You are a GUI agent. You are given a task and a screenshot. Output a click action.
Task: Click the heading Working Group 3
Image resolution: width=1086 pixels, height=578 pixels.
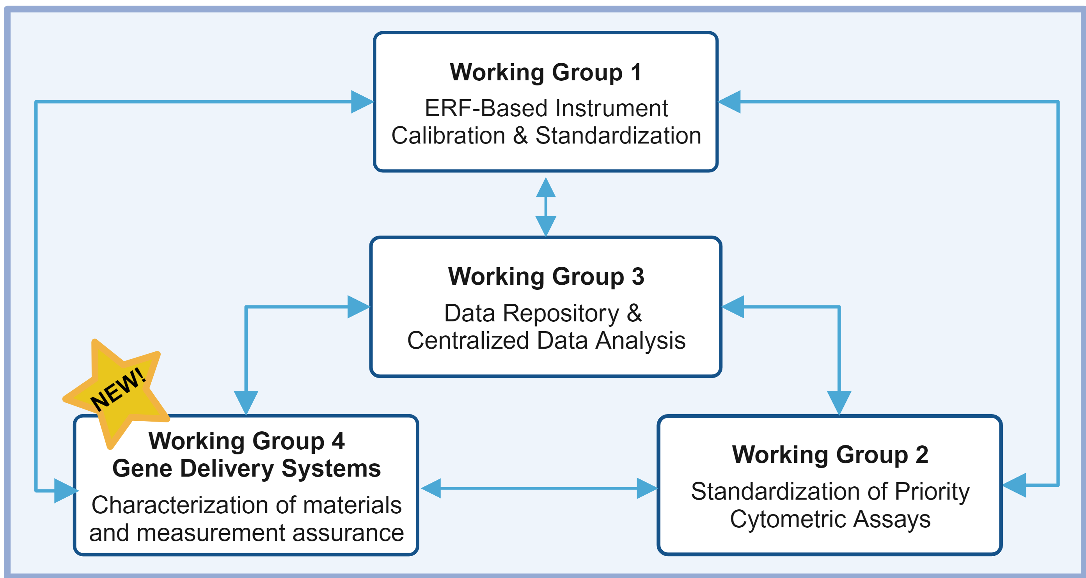pyautogui.click(x=546, y=277)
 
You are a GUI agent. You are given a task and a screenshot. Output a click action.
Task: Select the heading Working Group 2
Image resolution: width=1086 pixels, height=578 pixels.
pyautogui.click(x=830, y=455)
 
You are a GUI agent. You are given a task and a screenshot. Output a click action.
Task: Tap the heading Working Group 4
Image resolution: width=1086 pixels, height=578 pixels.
pyautogui.click(x=247, y=441)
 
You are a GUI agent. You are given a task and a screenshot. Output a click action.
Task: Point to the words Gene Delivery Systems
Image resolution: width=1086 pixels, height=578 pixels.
pyautogui.click(x=247, y=469)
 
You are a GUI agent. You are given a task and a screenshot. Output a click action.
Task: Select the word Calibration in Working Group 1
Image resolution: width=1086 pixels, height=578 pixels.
pyautogui.click(x=448, y=136)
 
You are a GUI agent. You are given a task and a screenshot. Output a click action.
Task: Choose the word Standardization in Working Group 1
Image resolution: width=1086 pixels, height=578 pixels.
pyautogui.click(x=618, y=136)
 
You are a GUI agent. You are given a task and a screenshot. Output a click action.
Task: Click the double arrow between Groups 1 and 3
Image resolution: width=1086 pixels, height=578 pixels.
pyautogui.click(x=546, y=207)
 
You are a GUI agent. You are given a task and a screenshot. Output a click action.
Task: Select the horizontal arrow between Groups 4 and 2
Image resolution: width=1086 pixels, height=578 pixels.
pyautogui.click(x=539, y=488)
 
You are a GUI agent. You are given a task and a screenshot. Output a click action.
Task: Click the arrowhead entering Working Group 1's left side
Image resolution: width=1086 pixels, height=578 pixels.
pyautogui.click(x=362, y=102)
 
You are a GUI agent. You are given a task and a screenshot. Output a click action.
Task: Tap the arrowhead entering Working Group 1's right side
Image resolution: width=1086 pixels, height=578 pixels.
pyautogui.click(x=729, y=102)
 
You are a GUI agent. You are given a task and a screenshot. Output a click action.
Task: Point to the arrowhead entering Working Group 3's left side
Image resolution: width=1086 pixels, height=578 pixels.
pyautogui.click(x=359, y=307)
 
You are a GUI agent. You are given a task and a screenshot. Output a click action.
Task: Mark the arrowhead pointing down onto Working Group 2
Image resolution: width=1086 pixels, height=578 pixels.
pyautogui.click(x=839, y=402)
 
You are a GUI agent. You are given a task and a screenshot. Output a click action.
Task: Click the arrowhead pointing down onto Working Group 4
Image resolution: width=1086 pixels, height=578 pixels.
pyautogui.click(x=246, y=402)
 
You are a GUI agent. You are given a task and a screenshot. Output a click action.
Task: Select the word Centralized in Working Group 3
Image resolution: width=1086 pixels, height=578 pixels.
pyautogui.click(x=468, y=340)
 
